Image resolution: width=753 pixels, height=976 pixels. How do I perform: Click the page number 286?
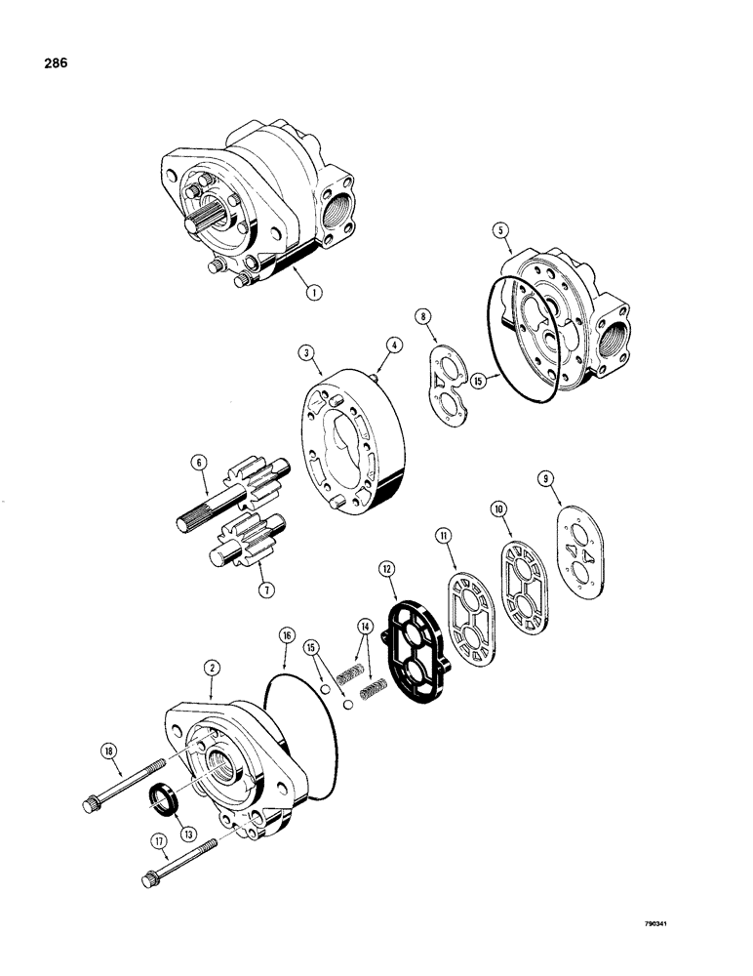tap(54, 65)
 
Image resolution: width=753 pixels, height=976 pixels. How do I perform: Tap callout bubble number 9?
tap(545, 478)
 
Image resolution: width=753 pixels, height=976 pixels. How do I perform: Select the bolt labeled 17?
tap(176, 859)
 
